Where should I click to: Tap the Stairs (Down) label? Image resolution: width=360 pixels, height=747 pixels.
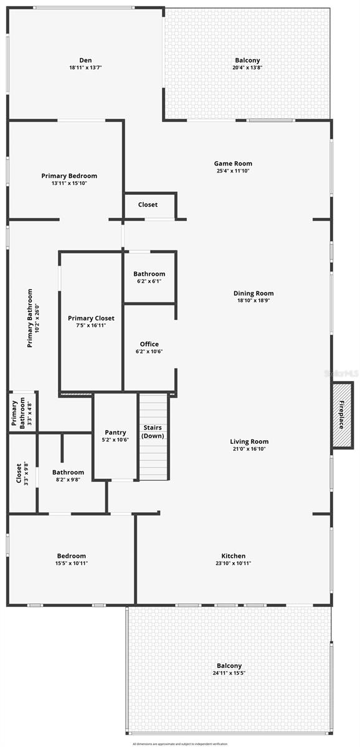[x=153, y=431]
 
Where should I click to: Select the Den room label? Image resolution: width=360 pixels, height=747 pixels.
[x=86, y=60]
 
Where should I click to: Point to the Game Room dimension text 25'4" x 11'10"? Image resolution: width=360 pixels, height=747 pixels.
[x=234, y=171]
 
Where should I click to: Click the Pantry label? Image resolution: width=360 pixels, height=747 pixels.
[x=115, y=432]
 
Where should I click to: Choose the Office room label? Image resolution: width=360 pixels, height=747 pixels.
[x=149, y=344]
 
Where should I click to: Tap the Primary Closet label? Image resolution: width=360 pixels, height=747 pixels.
[x=91, y=318]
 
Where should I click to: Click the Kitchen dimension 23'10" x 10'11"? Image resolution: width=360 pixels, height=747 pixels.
[x=234, y=563]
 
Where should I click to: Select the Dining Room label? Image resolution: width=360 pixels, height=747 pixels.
[x=253, y=293]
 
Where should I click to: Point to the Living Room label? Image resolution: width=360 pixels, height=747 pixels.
[x=249, y=441]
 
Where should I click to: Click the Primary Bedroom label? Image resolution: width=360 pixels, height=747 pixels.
[x=69, y=176]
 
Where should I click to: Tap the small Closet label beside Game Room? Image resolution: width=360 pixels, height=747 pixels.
[x=148, y=205]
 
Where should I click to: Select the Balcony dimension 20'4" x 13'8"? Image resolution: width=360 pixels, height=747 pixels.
[x=247, y=67]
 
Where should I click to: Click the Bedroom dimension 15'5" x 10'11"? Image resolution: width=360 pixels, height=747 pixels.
[x=72, y=563]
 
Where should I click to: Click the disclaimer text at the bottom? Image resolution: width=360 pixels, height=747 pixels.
[x=180, y=743]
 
